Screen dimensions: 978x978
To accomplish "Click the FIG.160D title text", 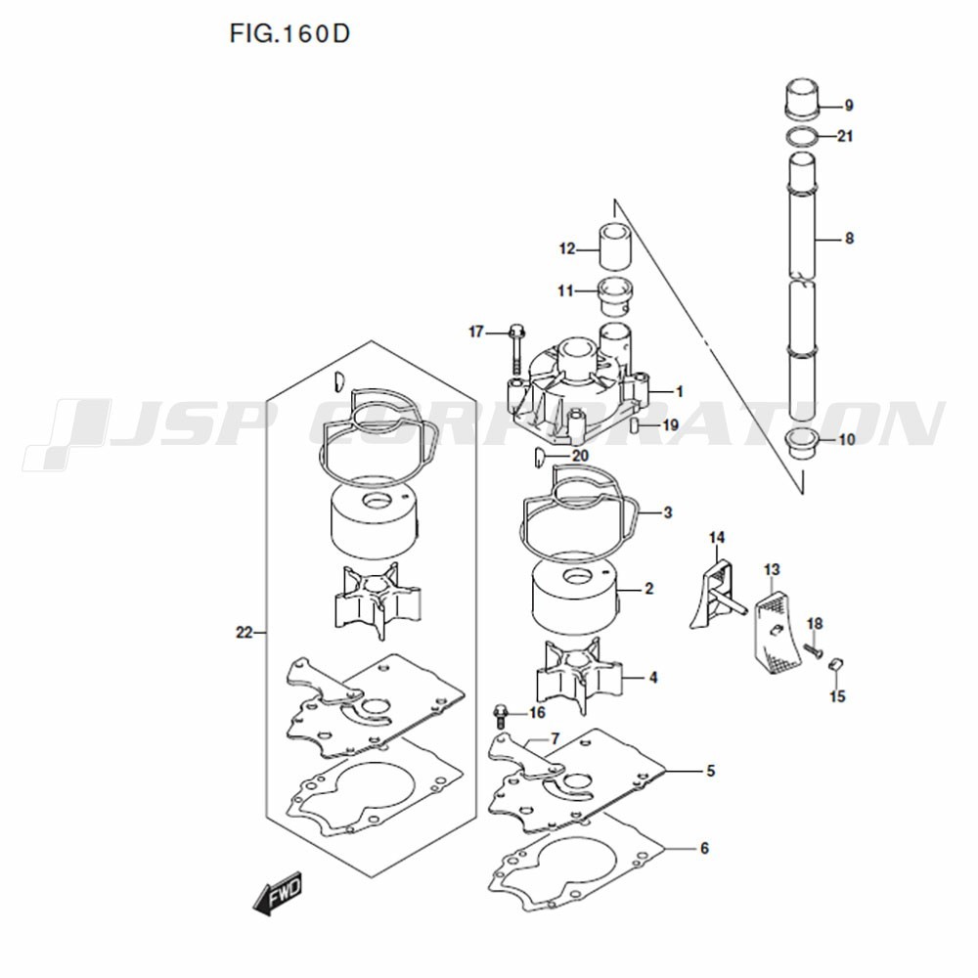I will coord(289,35).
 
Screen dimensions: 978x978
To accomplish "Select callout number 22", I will coord(244,633).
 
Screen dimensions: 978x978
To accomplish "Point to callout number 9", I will coord(848,105).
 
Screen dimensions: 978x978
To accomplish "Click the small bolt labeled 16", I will coord(503,713).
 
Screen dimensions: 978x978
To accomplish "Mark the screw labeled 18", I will coord(811,648).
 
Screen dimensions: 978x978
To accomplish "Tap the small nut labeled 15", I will coord(836,666).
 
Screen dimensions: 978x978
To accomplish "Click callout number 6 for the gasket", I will coord(703,849).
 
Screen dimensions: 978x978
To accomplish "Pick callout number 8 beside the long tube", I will coord(848,238).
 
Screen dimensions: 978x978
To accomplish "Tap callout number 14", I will coord(717,538).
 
